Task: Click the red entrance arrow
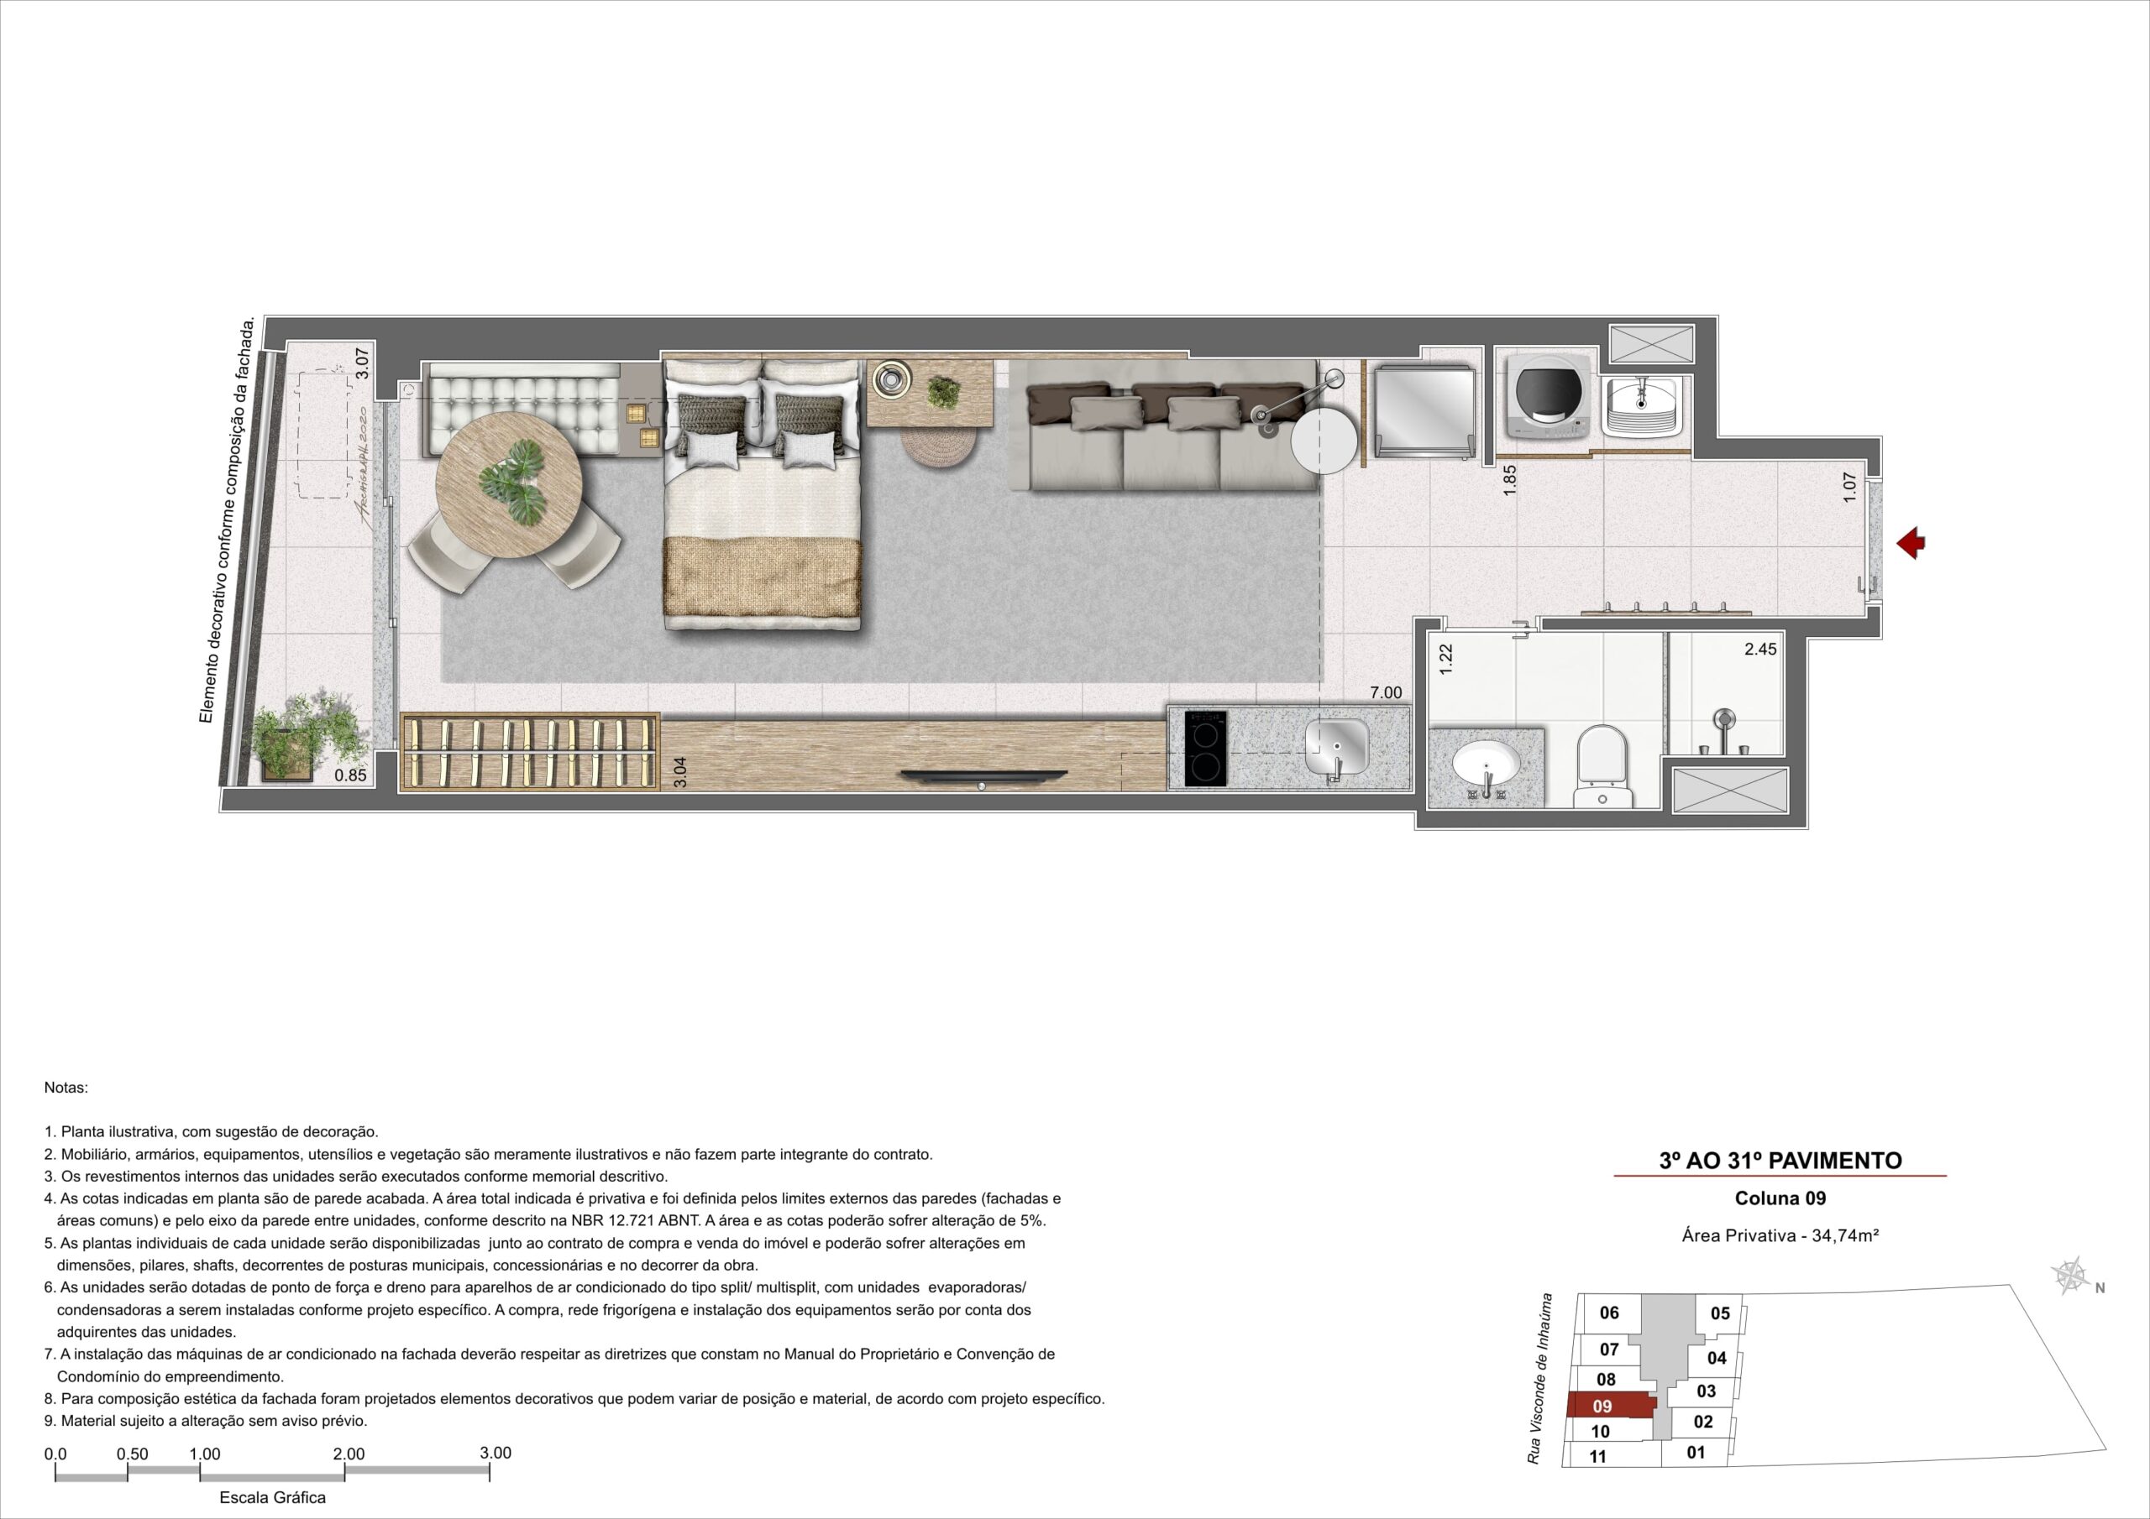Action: coord(1911,543)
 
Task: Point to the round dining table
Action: coord(510,485)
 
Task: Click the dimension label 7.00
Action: coord(1386,693)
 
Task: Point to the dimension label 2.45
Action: coord(1760,649)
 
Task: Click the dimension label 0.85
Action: coord(350,775)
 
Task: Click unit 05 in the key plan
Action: coord(1720,1313)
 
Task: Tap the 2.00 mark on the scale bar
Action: coord(349,1454)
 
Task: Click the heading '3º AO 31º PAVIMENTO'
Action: coord(1780,1161)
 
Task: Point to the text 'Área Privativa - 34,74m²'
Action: coord(1781,1235)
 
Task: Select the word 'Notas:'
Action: coord(66,1088)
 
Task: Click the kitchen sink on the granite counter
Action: coord(1336,749)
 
